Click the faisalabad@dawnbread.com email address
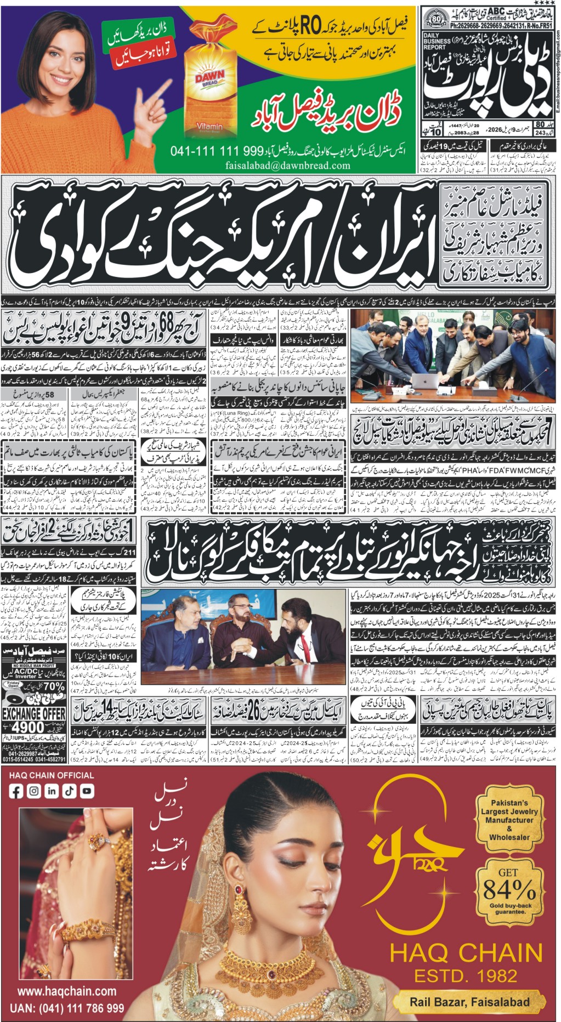point(287,165)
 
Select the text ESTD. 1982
point(466,976)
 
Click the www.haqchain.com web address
point(67,991)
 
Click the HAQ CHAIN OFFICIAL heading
point(52,775)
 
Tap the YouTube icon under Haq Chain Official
point(87,791)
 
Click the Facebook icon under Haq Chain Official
point(16,791)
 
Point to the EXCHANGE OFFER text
point(34,714)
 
